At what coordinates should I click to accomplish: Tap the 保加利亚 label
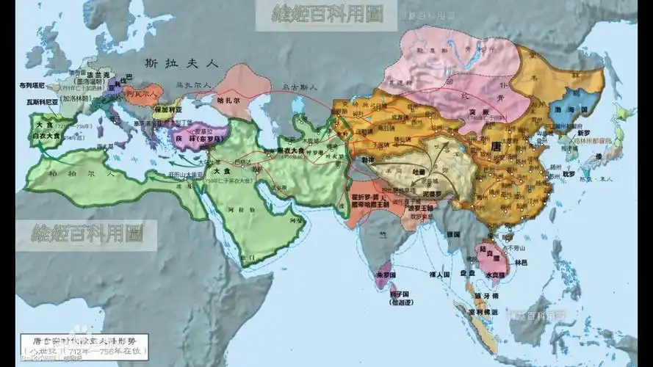(167, 109)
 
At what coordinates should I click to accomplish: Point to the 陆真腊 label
(489, 250)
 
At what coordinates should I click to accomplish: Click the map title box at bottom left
(82, 345)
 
